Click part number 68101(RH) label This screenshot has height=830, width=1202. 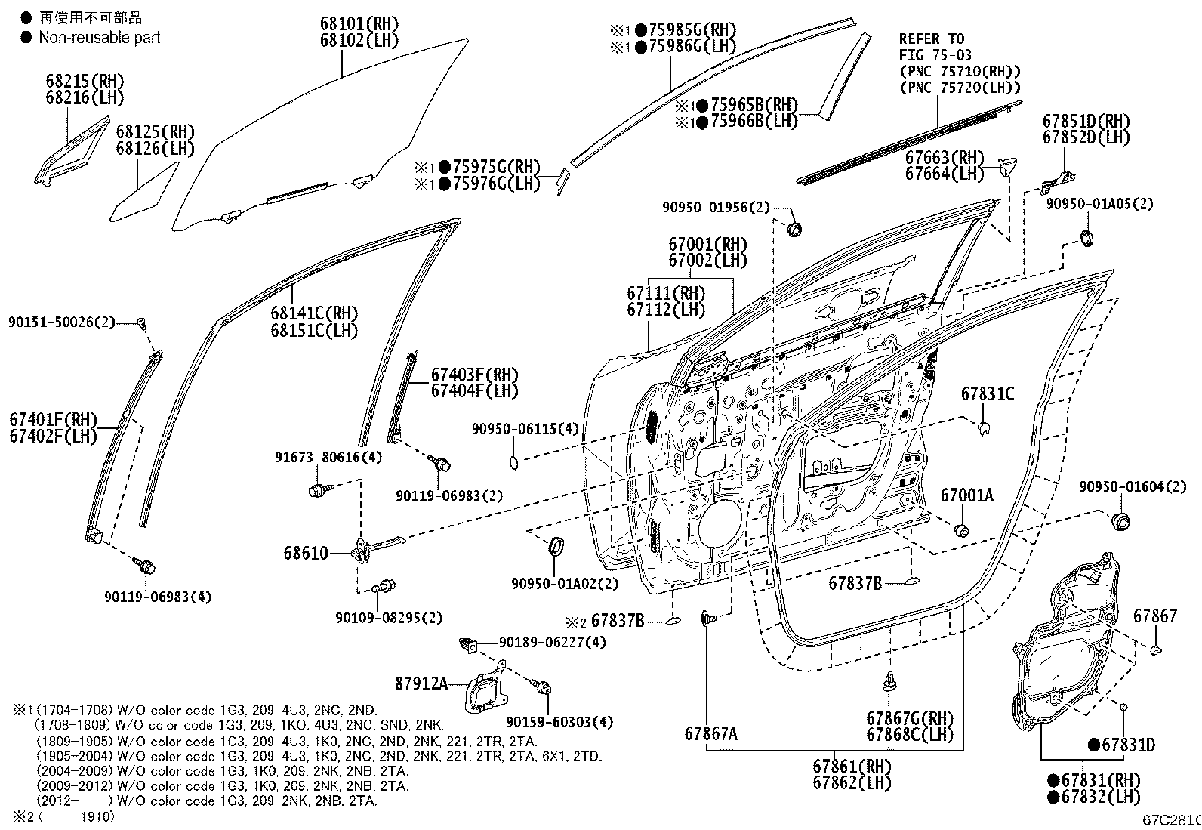[x=359, y=24]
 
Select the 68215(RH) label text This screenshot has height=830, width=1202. [x=85, y=81]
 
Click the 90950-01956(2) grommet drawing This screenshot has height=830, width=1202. [x=794, y=228]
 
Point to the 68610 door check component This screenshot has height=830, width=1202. [x=370, y=547]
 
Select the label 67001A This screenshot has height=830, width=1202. [x=966, y=495]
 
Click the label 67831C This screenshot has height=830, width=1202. [x=987, y=394]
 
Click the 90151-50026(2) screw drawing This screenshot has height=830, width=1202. [x=142, y=324]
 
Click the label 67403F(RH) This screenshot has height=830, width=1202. [x=474, y=375]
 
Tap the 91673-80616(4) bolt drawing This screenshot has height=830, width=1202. [x=318, y=490]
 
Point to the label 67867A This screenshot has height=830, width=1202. [x=710, y=733]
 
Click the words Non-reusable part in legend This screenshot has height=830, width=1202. [x=99, y=38]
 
